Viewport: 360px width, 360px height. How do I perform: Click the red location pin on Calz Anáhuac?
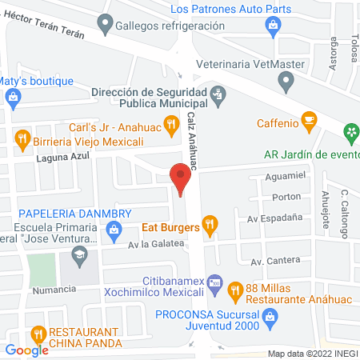click(181, 176)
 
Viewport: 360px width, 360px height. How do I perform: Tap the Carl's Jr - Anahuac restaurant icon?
click(170, 126)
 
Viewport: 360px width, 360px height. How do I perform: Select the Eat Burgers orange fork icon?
click(210, 226)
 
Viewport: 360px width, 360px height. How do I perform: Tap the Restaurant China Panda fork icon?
click(37, 334)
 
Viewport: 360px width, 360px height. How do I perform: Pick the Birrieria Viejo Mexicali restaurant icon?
click(22, 137)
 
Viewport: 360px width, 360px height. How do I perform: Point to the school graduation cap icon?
click(79, 256)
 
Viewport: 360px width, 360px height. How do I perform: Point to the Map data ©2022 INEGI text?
click(310, 353)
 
